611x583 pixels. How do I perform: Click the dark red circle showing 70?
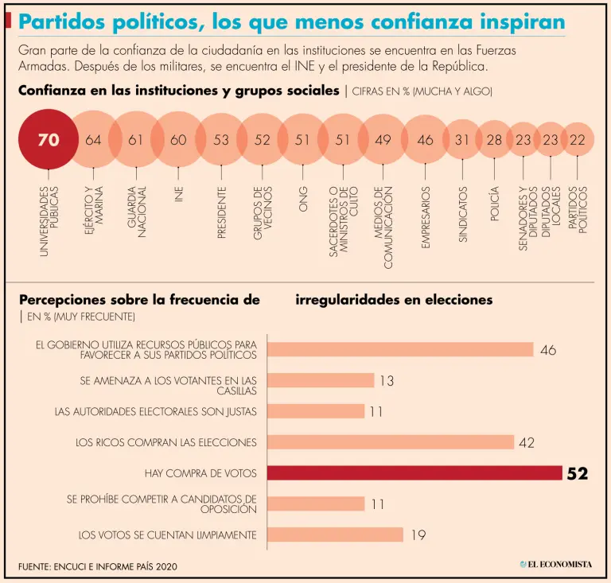48,140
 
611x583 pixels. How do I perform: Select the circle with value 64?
93,140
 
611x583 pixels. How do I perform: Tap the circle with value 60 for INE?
178,140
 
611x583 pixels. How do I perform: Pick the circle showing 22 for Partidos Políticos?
578,140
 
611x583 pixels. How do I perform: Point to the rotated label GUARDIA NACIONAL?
136,209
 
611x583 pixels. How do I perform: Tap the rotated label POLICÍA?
494,202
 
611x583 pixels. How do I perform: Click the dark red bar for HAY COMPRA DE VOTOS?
414,473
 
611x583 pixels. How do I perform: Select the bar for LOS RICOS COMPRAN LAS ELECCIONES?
390,442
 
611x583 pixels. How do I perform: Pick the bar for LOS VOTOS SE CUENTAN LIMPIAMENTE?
335,534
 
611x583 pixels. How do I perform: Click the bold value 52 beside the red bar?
577,474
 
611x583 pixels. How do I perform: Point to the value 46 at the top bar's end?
548,350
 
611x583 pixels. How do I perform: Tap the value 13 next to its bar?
387,381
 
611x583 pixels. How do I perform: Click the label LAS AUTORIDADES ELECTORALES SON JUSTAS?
155,412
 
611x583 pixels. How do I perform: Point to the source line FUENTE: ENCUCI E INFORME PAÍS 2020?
97,566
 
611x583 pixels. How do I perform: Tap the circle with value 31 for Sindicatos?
461,140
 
